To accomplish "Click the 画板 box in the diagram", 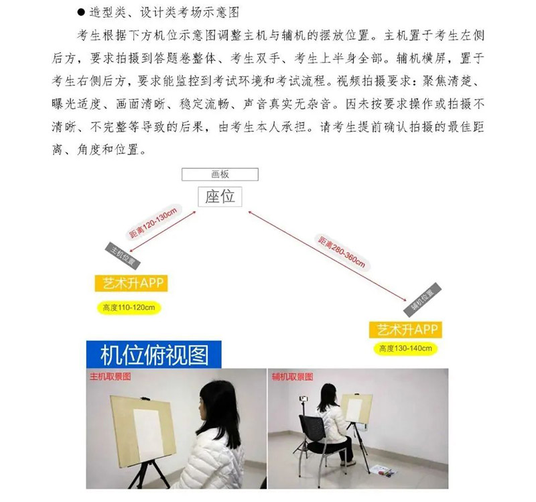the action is point(220,174).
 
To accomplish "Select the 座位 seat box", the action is point(220,196).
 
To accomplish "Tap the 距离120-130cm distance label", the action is point(153,223).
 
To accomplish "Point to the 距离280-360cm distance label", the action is point(342,252).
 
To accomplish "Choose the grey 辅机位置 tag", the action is point(423,300).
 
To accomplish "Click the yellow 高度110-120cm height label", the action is point(129,308).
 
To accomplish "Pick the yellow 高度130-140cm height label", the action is point(405,349).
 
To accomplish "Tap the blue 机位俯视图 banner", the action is point(154,355).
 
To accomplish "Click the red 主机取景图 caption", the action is point(110,377).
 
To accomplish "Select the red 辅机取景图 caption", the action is point(293,377).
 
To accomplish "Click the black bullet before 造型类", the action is point(81,13).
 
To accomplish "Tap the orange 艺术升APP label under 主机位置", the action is point(131,283).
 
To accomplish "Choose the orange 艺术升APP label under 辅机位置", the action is point(405,330).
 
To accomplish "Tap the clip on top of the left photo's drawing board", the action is point(146,398).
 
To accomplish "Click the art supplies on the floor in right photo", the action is point(384,471).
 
